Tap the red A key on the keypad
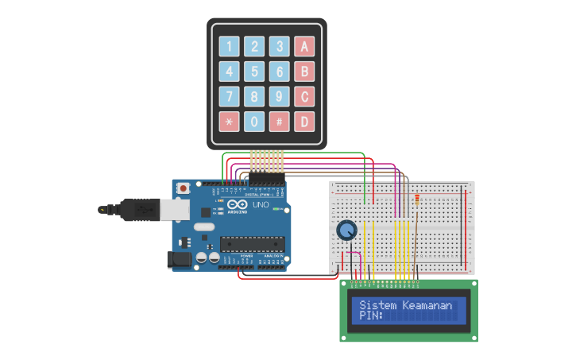coord(303,46)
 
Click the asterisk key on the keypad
coord(230,122)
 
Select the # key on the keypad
coord(279,122)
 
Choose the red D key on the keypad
coord(303,122)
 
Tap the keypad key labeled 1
coord(230,46)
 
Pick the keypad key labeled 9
coord(279,97)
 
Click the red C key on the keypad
coord(303,97)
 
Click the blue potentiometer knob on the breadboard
coord(346,230)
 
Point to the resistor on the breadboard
coord(418,203)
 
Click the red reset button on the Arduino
coord(184,188)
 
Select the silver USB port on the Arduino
coord(174,209)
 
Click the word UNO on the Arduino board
coord(260,205)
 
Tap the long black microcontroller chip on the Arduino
coord(252,247)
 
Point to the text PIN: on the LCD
coord(371,315)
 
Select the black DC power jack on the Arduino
coord(176,259)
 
